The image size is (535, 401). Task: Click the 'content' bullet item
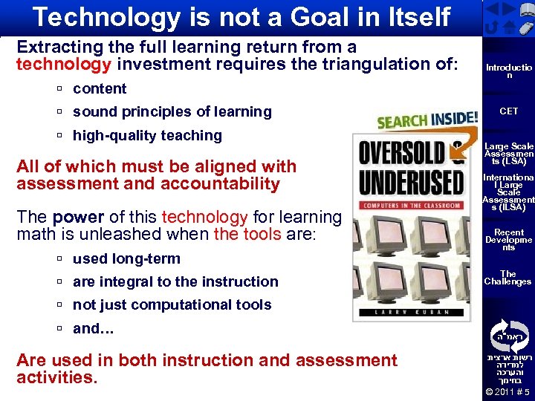100,89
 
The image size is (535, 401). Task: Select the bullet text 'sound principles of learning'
172,112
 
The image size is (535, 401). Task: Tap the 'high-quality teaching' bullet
147,136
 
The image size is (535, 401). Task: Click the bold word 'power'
78,218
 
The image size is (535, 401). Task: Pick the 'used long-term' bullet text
126,259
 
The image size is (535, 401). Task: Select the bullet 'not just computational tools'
172,305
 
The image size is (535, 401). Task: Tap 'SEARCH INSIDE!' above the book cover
427,120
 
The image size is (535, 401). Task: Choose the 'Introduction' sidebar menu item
508,71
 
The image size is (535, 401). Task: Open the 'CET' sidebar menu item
508,111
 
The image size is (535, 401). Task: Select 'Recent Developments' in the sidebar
508,240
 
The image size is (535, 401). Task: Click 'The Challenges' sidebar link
508,278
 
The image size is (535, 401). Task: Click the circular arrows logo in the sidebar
508,335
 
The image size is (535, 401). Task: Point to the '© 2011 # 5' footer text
508,392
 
